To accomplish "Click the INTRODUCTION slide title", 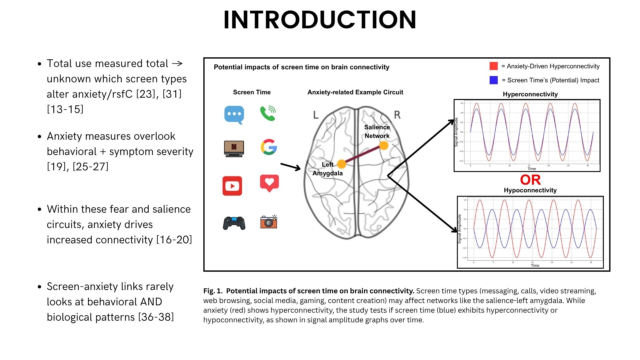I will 320,20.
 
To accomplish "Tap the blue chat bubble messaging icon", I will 234,114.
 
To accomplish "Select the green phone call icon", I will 268,113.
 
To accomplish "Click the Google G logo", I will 269,147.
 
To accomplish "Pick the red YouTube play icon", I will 232,186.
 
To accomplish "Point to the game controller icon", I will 234,223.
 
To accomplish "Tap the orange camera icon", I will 269,222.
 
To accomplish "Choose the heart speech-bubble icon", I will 269,183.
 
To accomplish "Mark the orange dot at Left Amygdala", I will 342,164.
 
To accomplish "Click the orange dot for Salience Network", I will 384,146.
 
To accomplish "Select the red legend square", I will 494,66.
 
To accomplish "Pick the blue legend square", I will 494,80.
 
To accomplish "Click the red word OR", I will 530,180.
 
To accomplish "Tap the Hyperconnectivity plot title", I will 530,94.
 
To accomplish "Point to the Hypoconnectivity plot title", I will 530,190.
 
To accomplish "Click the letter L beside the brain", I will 316,115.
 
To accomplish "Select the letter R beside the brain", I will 397,115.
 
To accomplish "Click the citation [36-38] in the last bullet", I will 156,317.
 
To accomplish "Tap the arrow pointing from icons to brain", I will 291,167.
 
